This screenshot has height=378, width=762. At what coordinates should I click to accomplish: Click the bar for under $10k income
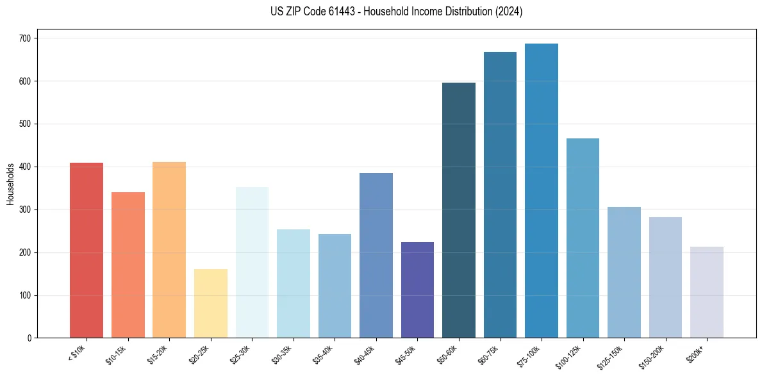pyautogui.click(x=87, y=251)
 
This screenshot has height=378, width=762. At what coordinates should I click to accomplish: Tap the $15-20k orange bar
pyautogui.click(x=169, y=250)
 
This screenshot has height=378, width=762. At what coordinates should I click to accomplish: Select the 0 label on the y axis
pyautogui.click(x=29, y=338)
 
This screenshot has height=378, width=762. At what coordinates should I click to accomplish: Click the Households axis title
pyautogui.click(x=10, y=183)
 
